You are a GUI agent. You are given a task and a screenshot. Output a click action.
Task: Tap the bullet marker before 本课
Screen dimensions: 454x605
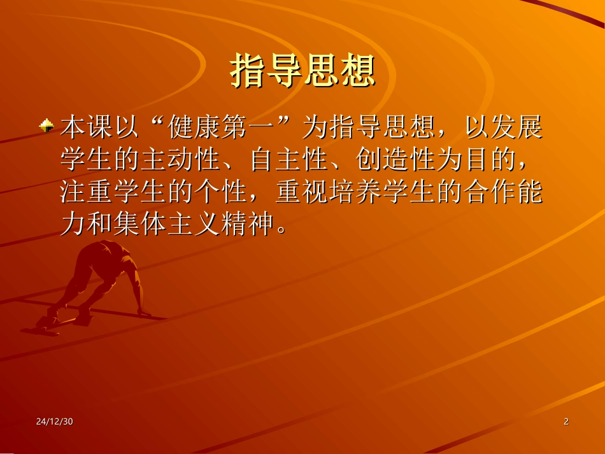(46, 127)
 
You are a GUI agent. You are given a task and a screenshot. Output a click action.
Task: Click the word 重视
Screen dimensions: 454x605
(301, 192)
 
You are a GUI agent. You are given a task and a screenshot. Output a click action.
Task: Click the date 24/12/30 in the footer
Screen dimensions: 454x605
(55, 422)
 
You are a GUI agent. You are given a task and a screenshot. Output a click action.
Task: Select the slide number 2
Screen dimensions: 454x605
(566, 422)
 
